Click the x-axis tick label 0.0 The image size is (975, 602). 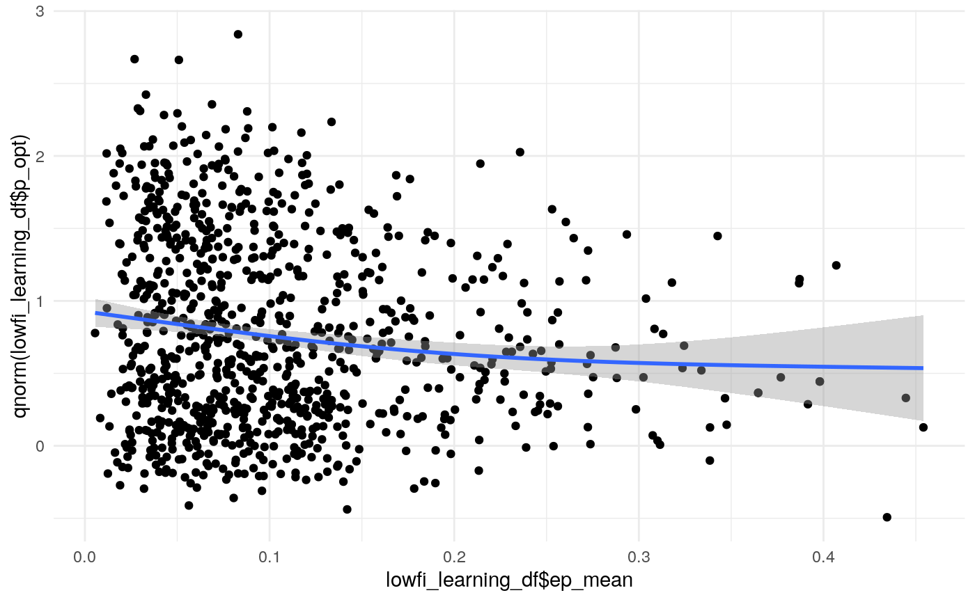pos(84,558)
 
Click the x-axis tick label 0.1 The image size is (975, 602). pos(269,558)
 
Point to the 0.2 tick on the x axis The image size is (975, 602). pos(454,558)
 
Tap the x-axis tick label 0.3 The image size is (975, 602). pos(639,558)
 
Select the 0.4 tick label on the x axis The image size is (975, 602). pos(823,558)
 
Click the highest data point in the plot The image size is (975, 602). pos(237,34)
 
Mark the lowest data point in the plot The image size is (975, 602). pos(887,517)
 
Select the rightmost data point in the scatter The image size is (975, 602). pos(923,427)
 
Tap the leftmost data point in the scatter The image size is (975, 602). pos(95,333)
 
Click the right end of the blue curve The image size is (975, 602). pos(923,367)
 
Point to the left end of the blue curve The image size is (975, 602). pos(95,313)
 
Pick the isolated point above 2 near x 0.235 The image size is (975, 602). pos(520,152)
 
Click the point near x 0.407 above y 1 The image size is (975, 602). pos(836,265)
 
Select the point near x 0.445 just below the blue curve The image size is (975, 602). pos(906,398)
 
